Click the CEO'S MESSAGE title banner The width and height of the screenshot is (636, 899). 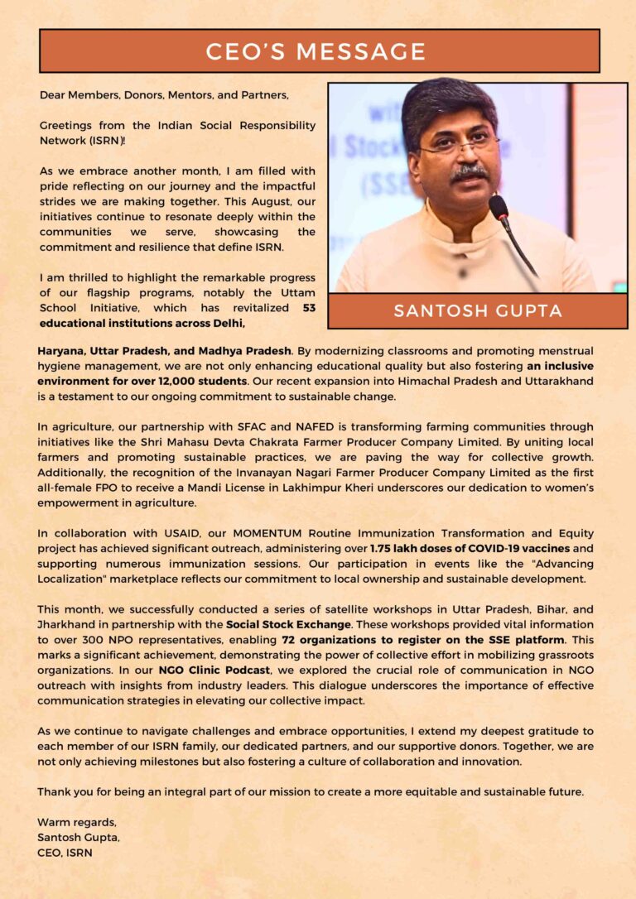pyautogui.click(x=319, y=51)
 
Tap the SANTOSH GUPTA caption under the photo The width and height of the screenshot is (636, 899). pyautogui.click(x=478, y=311)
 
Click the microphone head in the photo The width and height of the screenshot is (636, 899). pyautogui.click(x=499, y=206)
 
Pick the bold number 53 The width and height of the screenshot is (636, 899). pyautogui.click(x=309, y=307)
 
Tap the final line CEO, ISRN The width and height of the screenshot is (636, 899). pyautogui.click(x=64, y=852)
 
